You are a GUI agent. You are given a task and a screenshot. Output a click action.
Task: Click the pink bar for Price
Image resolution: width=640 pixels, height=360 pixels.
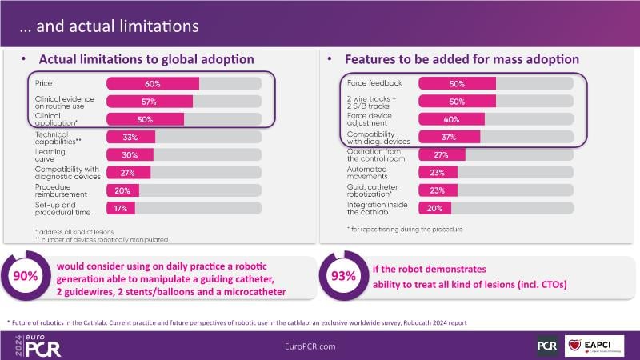coord(153,83)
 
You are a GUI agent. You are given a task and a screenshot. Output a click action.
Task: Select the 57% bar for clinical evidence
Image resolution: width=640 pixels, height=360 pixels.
coord(150,102)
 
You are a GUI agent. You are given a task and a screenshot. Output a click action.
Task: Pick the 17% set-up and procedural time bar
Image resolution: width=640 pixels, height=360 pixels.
coord(121,208)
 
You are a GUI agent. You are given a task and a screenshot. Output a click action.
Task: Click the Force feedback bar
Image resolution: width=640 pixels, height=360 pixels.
coord(457,83)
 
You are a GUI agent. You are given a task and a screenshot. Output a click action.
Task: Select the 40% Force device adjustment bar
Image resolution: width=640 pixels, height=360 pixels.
coord(451,119)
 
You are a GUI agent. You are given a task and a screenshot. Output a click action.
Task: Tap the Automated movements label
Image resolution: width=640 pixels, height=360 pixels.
coord(366,172)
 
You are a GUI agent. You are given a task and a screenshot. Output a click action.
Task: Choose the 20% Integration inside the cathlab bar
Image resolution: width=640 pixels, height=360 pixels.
coord(434,208)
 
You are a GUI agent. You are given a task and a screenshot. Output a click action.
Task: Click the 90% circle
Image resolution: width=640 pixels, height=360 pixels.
coord(25,276)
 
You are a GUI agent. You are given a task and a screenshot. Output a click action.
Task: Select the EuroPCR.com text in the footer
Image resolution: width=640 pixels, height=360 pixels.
coord(319,345)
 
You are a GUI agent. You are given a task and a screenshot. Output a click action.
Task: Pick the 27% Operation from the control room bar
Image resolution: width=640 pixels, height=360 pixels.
coord(439,154)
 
